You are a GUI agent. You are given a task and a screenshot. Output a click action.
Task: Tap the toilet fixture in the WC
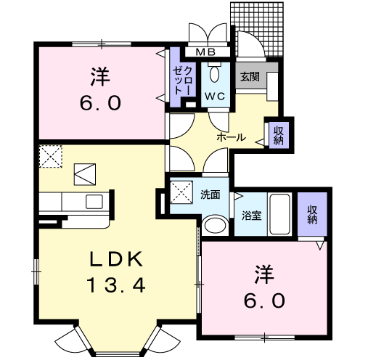214,73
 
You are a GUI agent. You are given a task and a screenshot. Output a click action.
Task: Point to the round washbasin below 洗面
214,225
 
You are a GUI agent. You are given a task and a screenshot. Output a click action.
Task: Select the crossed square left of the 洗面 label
179,194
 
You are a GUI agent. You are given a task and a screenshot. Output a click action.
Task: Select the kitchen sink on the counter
95,200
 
